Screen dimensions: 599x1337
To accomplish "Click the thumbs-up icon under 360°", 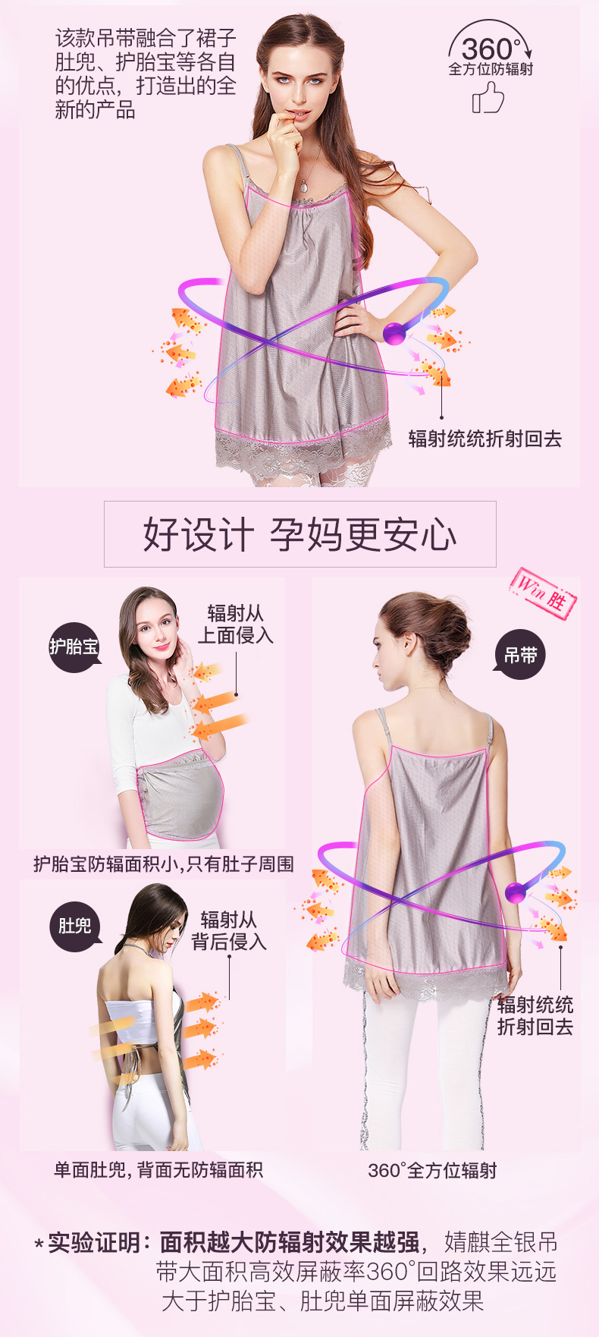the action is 488,98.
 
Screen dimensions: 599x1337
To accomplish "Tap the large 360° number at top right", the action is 491,49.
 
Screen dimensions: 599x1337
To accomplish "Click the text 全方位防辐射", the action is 491,69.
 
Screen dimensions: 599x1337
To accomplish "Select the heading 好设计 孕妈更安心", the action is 300,534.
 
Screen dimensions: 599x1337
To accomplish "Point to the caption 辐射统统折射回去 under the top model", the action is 485,439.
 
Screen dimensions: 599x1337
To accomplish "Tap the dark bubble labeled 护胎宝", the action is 74,647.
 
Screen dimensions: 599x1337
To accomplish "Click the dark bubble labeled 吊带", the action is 520,655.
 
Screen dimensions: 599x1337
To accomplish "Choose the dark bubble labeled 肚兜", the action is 75,926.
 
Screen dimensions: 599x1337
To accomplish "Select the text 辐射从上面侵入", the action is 236,624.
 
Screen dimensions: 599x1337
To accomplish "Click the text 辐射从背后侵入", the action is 229,930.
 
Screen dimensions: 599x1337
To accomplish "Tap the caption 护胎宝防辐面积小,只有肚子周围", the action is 163,864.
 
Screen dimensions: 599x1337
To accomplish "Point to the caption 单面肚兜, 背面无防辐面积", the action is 158,1170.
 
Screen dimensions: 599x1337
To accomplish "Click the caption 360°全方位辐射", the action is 432,1170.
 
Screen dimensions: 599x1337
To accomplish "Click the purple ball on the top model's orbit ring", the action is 394,333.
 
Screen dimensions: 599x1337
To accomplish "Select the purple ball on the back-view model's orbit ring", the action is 516,892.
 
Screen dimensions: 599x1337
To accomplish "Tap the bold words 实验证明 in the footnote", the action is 94,1242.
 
